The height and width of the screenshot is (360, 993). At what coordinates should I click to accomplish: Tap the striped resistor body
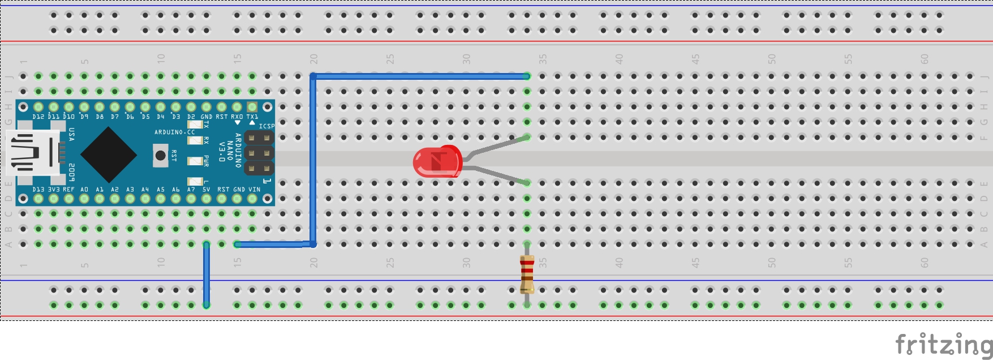[527, 274]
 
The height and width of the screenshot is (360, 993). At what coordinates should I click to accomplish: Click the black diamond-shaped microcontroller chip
[109, 154]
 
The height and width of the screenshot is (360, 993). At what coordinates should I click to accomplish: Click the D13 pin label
[38, 190]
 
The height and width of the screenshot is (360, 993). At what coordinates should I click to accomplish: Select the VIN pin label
[255, 190]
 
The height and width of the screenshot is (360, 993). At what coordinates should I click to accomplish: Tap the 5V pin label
[207, 190]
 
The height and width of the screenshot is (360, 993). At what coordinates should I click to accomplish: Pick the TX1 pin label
[252, 117]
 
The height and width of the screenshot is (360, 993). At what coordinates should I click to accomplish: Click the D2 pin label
[191, 117]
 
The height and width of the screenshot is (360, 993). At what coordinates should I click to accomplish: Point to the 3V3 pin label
[54, 190]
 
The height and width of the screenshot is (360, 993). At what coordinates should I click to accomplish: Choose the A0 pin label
[84, 190]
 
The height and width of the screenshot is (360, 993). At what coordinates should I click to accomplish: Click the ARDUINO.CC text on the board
[174, 132]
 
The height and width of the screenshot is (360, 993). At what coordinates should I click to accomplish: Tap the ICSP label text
[266, 126]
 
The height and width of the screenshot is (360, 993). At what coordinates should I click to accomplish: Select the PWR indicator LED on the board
[195, 161]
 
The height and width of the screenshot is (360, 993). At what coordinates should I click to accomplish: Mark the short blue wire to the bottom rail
[207, 275]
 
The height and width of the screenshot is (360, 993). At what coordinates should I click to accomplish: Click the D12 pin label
[38, 117]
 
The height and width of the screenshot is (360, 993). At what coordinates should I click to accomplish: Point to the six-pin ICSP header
[259, 153]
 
